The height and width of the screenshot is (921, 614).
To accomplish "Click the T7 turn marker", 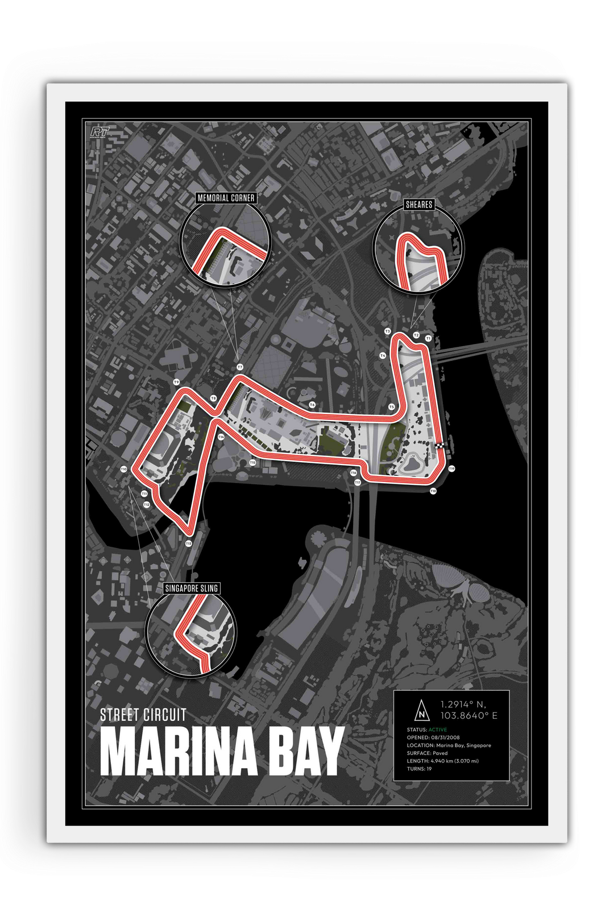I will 240,367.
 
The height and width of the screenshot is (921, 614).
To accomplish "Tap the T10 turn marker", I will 123,469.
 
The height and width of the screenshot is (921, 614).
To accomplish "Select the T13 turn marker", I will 188,544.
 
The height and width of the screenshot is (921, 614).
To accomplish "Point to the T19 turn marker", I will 451,468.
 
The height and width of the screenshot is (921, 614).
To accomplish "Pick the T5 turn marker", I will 391,407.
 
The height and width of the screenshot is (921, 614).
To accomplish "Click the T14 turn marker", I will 221,437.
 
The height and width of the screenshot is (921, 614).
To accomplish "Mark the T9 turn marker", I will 176,382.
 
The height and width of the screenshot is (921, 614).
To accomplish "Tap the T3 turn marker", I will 387,331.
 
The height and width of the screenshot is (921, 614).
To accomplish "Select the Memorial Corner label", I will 226,198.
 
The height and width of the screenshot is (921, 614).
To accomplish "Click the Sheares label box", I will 419,205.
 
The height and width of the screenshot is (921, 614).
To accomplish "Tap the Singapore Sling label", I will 191,587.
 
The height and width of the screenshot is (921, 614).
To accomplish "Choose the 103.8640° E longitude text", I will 470,715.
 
